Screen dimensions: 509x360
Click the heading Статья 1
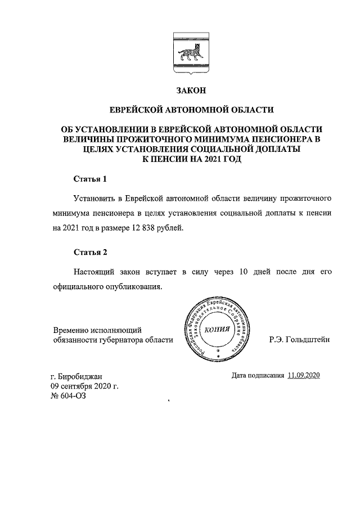pos(90,179)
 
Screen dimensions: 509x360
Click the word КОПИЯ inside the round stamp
pos(216,330)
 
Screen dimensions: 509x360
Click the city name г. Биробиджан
pos(77,376)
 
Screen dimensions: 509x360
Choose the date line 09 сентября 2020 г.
pos(85,386)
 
